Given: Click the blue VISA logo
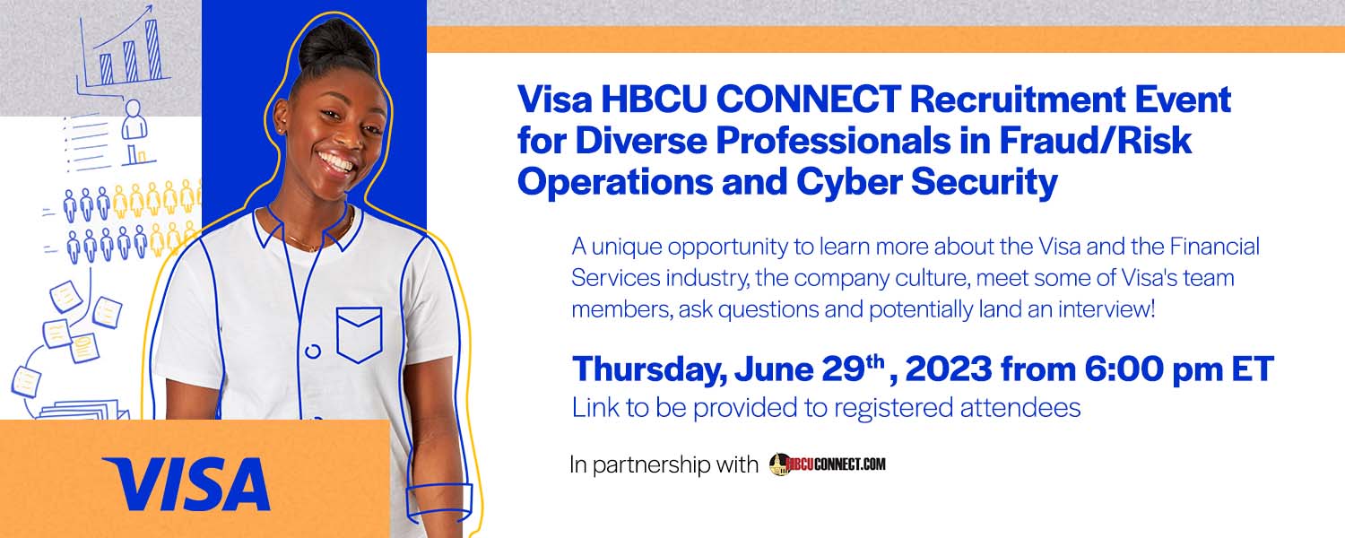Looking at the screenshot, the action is [187, 484].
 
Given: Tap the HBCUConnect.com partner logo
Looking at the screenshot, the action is [828, 464].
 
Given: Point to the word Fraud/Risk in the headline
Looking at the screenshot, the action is [1095, 140].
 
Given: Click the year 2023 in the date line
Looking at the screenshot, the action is [949, 369].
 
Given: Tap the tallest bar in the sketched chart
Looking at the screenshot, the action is [153, 50].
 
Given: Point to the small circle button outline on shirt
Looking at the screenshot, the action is [313, 351].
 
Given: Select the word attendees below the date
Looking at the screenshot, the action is [1020, 407].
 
